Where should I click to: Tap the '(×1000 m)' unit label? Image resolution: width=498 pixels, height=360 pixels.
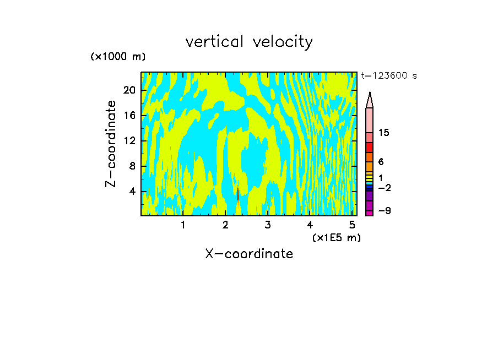(118, 57)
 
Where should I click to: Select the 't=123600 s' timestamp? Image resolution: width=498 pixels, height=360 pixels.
(388, 75)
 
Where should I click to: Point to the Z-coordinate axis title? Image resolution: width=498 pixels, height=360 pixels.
(111, 144)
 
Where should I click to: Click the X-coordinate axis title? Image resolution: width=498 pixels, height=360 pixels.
(249, 254)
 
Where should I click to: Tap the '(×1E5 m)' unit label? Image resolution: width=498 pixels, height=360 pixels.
(337, 237)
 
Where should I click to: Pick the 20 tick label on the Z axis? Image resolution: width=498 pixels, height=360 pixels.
(129, 90)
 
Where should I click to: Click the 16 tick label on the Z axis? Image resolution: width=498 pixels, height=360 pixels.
(129, 115)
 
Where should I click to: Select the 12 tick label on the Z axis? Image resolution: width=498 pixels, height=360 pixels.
(129, 140)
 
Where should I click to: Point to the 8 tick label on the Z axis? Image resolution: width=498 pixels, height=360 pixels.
(132, 166)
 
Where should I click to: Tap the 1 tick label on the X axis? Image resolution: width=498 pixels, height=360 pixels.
(183, 225)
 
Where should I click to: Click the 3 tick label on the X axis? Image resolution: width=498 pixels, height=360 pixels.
(267, 225)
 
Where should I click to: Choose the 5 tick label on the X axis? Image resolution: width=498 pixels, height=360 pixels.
(352, 225)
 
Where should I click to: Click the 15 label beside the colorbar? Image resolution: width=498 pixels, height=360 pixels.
(384, 133)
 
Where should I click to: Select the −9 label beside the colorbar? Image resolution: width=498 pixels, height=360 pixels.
(384, 211)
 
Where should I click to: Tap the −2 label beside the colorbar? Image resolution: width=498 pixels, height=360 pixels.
(384, 188)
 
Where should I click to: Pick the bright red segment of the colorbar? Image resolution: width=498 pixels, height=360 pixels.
(370, 148)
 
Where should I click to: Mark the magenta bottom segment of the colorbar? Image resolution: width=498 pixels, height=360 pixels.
(370, 213)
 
